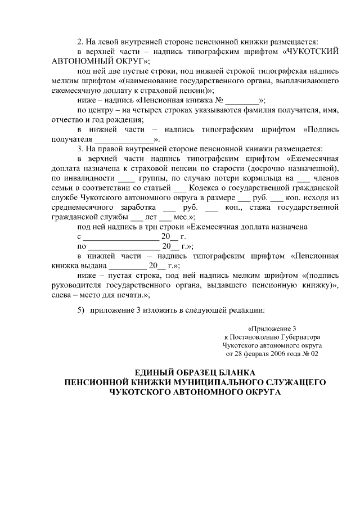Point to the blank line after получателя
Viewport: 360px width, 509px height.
click(x=123, y=139)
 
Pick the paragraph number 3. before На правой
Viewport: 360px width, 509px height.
click(x=81, y=149)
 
